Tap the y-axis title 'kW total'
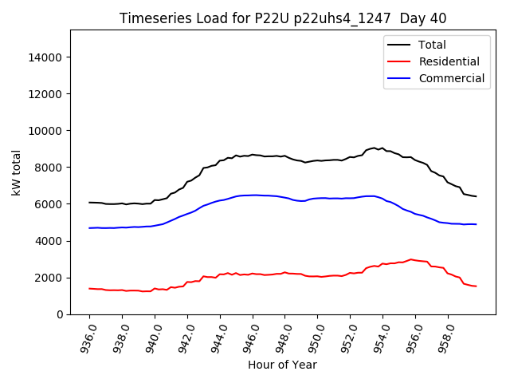(16, 172)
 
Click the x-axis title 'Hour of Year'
(283, 365)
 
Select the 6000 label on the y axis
(50, 204)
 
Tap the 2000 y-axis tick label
(50, 278)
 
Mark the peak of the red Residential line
(411, 259)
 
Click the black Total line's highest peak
(375, 148)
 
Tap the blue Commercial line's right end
(477, 224)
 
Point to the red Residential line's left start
(89, 288)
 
